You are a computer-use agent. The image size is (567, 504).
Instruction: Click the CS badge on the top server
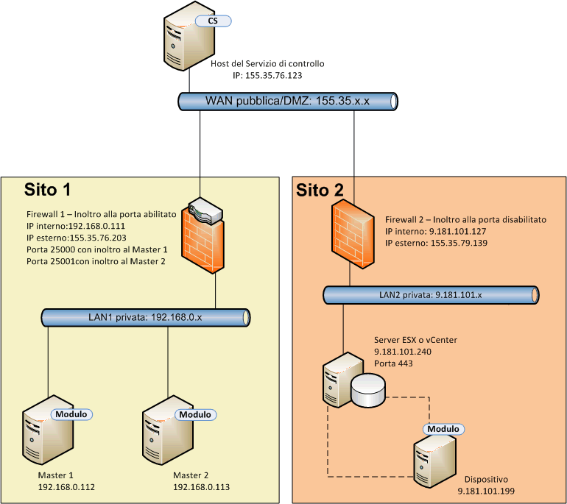tap(213, 21)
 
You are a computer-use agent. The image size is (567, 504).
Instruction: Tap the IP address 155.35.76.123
tap(267, 75)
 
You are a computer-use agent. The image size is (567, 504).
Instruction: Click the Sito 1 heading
tap(47, 190)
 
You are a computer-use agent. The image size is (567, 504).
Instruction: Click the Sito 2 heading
tap(320, 191)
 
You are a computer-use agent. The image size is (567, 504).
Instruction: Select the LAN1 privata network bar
tap(147, 318)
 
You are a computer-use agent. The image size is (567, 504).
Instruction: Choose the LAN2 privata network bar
tap(430, 295)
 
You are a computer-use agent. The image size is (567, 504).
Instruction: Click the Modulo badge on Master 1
tap(70, 414)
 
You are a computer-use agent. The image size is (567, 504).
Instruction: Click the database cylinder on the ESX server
tap(367, 390)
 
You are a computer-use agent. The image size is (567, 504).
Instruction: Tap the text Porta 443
tap(394, 363)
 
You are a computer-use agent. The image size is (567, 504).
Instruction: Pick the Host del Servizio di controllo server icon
tap(184, 40)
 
